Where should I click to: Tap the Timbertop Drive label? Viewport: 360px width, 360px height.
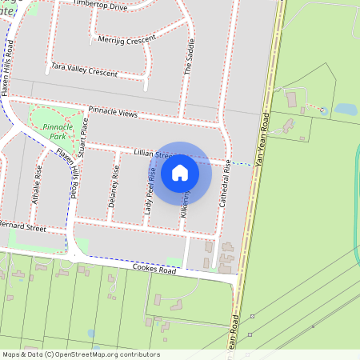click(x=100, y=6)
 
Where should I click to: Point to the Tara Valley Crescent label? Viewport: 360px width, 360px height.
click(x=83, y=70)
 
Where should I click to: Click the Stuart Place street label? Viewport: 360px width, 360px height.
click(x=83, y=136)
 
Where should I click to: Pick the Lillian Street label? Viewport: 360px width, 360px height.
click(x=142, y=152)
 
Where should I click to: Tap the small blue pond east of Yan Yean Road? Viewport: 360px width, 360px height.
click(x=346, y=109)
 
